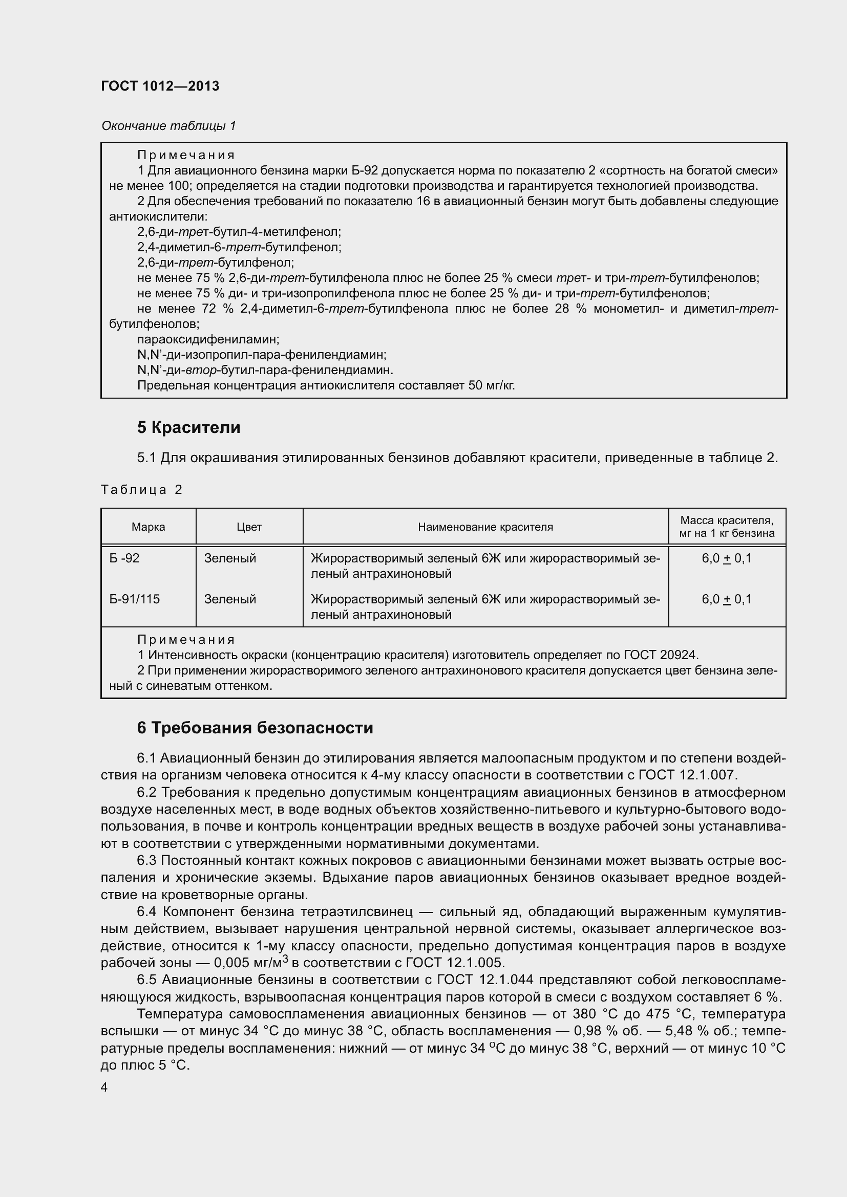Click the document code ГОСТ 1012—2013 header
pyautogui.click(x=160, y=86)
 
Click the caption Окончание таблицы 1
pyautogui.click(x=168, y=126)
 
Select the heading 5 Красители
pyautogui.click(x=188, y=427)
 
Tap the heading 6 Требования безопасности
pyautogui.click(x=255, y=728)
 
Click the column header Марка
pyautogui.click(x=148, y=527)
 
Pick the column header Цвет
pyautogui.click(x=249, y=527)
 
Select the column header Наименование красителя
pyautogui.click(x=485, y=527)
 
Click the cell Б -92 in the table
pyautogui.click(x=124, y=558)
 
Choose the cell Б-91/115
pyautogui.click(x=134, y=599)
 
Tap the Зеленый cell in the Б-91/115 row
pyautogui.click(x=230, y=599)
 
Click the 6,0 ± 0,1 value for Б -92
pyautogui.click(x=727, y=558)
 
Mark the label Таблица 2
pyautogui.click(x=141, y=490)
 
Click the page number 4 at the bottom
pyautogui.click(x=104, y=1087)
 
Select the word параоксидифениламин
pyautogui.click(x=208, y=339)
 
